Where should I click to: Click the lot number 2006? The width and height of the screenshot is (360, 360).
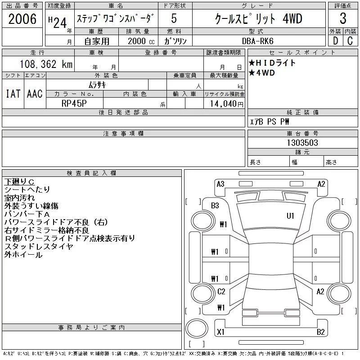(22, 19)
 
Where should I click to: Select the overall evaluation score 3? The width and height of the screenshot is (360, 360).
(343, 19)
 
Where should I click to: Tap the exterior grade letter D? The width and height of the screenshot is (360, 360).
(335, 40)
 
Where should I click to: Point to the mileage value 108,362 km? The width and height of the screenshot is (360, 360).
(46, 64)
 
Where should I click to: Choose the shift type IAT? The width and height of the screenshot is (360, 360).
(13, 94)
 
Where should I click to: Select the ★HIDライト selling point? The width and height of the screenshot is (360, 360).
(272, 63)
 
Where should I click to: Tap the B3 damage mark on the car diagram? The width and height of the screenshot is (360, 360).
(215, 206)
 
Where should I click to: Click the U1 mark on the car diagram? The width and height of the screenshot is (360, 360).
(291, 216)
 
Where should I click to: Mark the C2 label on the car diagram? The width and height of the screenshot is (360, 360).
(221, 292)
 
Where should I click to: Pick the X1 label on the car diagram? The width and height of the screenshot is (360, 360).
(220, 332)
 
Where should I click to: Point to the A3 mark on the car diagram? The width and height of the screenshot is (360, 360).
(220, 184)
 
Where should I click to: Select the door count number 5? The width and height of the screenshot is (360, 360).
(174, 19)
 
